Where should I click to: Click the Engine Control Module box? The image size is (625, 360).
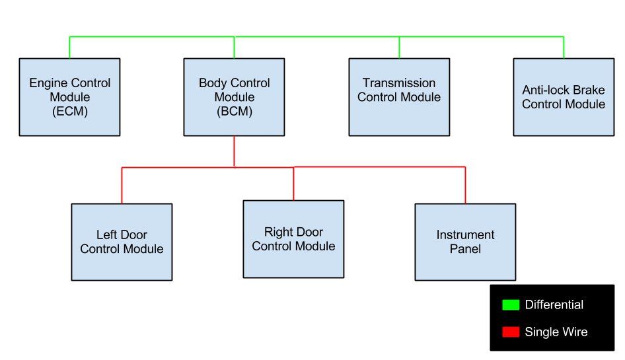pyautogui.click(x=69, y=97)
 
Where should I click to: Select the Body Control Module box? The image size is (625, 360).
pyautogui.click(x=234, y=97)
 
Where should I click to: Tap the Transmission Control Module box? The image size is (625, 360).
pyautogui.click(x=399, y=97)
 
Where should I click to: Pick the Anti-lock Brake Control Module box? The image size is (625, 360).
pyautogui.click(x=564, y=97)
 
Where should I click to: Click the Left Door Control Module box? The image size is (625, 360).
pyautogui.click(x=122, y=242)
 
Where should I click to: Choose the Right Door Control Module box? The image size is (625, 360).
pyautogui.click(x=293, y=239)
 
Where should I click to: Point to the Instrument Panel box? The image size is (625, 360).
pyautogui.click(x=465, y=242)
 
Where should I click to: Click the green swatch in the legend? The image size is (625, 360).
pyautogui.click(x=511, y=305)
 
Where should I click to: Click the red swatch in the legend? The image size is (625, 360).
pyautogui.click(x=511, y=332)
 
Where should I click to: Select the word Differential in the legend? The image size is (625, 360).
pyautogui.click(x=554, y=305)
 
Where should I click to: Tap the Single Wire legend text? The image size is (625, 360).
pyautogui.click(x=556, y=332)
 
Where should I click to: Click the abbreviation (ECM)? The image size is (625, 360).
pyautogui.click(x=69, y=112)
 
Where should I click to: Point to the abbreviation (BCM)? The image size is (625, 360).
pyautogui.click(x=234, y=112)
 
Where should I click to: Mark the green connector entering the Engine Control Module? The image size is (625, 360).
pyautogui.click(x=69, y=48)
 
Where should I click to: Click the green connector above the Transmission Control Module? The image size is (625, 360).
pyautogui.click(x=399, y=48)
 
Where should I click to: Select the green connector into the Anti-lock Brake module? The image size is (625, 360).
pyautogui.click(x=564, y=48)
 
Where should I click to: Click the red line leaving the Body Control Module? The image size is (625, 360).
pyautogui.click(x=234, y=151)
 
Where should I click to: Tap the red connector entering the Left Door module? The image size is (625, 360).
pyautogui.click(x=122, y=186)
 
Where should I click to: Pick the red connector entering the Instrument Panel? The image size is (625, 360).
pyautogui.click(x=465, y=186)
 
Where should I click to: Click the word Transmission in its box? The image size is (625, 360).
pyautogui.click(x=399, y=83)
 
